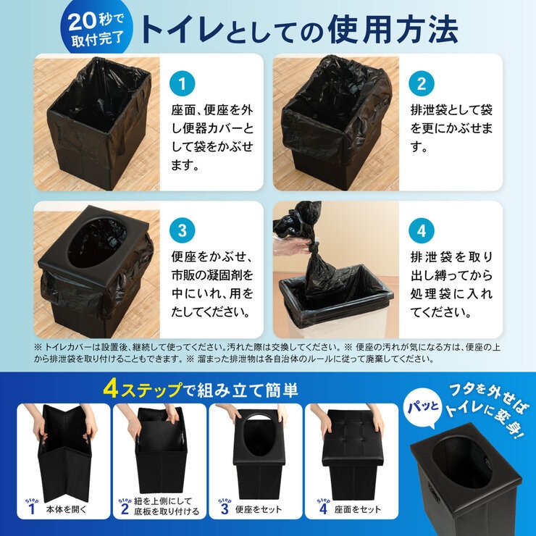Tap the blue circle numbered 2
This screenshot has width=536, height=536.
(x=422, y=83)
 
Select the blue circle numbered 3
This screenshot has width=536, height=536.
(x=183, y=231)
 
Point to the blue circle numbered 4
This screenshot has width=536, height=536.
(x=422, y=231)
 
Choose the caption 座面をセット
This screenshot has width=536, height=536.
(x=359, y=509)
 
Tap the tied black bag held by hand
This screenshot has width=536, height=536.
(x=317, y=261)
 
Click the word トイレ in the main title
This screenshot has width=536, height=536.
(x=184, y=31)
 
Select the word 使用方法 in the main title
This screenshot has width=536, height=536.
(x=392, y=30)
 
